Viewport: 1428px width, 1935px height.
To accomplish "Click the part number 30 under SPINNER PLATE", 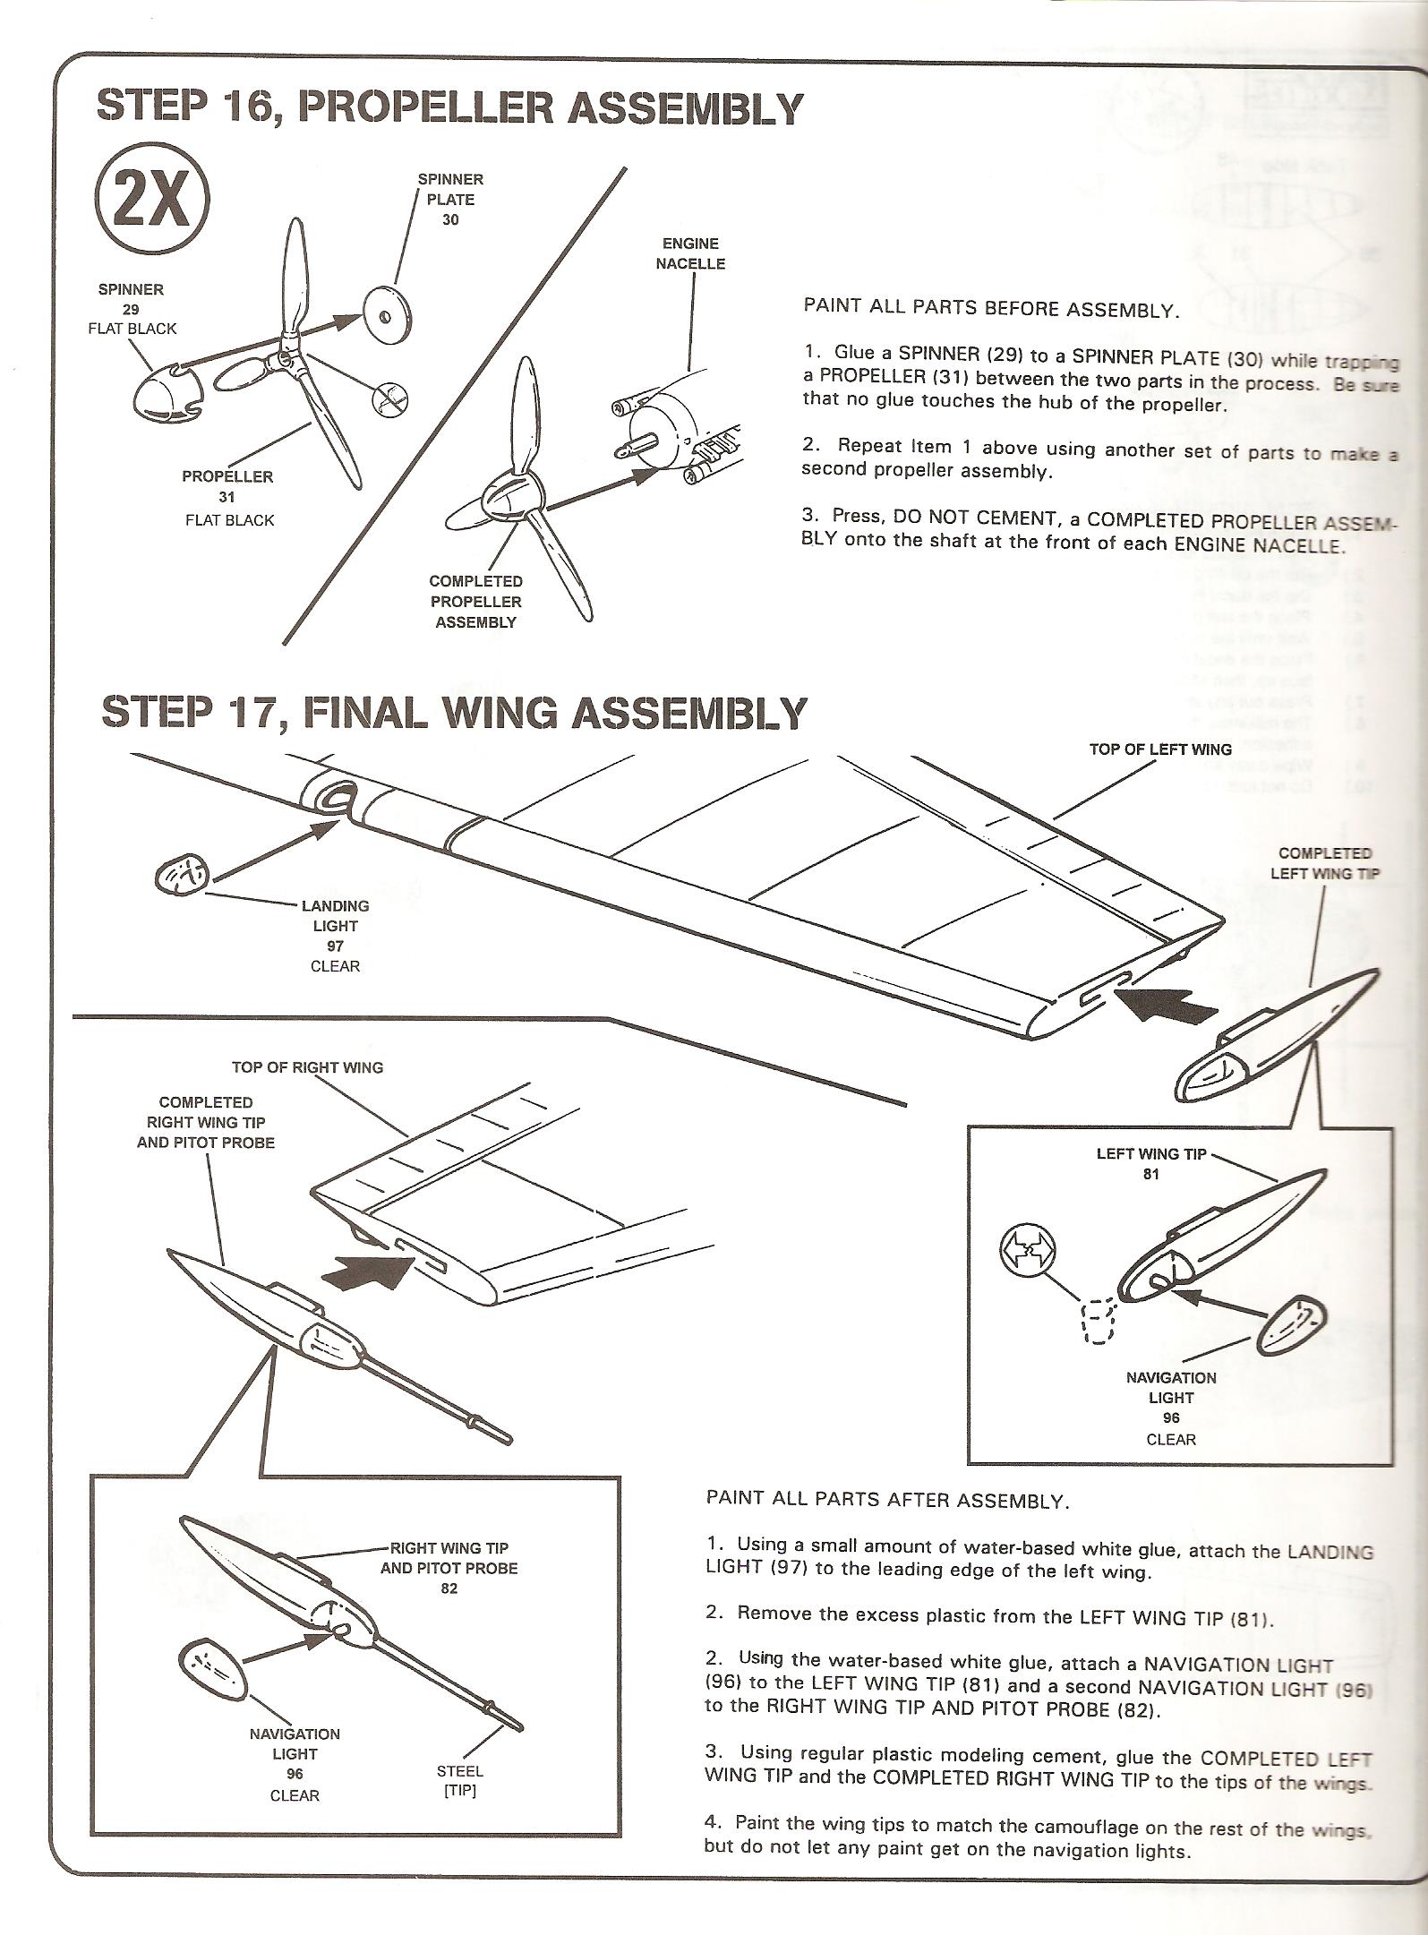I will [449, 220].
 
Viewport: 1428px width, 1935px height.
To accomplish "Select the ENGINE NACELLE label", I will [689, 253].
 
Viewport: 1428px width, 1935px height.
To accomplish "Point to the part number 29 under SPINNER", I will [131, 309].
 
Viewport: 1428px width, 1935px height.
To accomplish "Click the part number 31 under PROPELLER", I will [227, 498].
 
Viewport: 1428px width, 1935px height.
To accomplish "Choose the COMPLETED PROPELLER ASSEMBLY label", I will [475, 602].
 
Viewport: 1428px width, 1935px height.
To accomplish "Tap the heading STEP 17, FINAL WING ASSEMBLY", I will [454, 714].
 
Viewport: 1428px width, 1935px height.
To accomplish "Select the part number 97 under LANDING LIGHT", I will [335, 946].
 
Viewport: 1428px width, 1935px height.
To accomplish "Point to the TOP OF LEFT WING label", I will [1160, 749].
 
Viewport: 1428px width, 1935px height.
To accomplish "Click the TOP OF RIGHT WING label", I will [307, 1067].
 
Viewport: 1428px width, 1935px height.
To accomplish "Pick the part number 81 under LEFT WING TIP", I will [1150, 1174].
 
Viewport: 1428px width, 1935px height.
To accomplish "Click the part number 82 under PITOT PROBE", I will [449, 1589].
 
